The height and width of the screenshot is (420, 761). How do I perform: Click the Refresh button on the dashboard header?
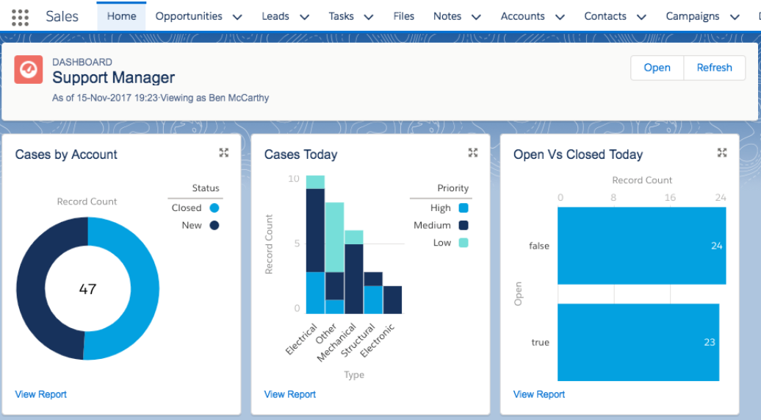(x=714, y=68)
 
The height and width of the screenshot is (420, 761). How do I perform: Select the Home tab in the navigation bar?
(x=121, y=16)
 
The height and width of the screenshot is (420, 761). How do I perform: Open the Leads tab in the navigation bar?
(x=275, y=16)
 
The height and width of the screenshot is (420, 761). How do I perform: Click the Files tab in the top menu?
(x=403, y=16)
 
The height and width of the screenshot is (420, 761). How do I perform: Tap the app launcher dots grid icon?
(x=20, y=17)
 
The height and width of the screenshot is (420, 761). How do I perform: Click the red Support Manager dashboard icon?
(x=28, y=70)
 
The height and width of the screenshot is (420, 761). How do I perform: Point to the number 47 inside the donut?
(x=87, y=289)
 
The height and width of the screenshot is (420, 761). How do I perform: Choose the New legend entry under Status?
(x=200, y=226)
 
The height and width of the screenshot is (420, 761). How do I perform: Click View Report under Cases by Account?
(x=41, y=394)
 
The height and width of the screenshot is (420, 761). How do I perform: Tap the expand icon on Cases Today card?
(x=473, y=153)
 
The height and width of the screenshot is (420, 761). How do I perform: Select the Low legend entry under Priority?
(x=450, y=243)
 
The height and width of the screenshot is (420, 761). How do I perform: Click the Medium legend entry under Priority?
(x=441, y=226)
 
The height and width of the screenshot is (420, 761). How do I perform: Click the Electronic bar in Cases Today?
(x=393, y=300)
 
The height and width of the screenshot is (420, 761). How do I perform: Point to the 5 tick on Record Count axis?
(x=297, y=243)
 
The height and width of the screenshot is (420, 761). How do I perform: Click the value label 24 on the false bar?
(x=716, y=246)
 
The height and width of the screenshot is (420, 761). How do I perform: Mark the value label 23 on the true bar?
(x=709, y=342)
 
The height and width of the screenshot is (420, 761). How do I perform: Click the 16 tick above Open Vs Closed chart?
(x=670, y=197)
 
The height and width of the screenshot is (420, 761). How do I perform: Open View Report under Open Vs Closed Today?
(x=539, y=394)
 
